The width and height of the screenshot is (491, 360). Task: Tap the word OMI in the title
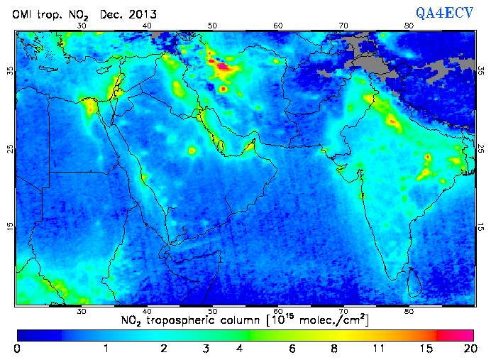coord(23,14)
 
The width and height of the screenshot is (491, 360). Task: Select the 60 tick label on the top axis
coord(278,26)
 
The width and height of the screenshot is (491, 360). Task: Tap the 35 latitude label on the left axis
coord(10,71)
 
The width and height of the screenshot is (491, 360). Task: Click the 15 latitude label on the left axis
coord(10,227)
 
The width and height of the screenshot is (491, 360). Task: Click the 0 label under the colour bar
coord(17,348)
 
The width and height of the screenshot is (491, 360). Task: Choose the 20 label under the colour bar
coord(468,348)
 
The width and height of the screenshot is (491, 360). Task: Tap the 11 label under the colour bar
coord(380,348)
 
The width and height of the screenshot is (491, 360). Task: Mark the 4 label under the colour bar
coord(241,348)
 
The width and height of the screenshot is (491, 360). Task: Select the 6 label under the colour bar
coord(292,348)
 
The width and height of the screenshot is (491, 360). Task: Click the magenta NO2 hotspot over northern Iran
coord(223,67)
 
